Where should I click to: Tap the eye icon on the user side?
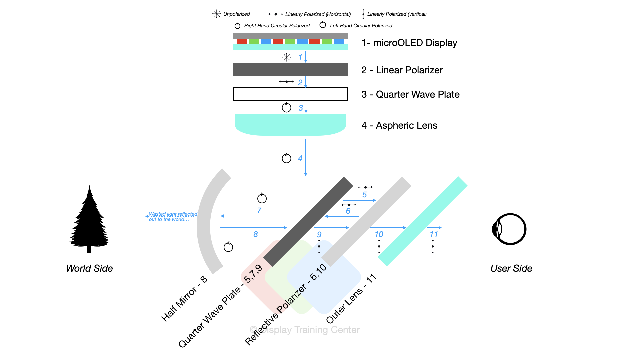[x=509, y=229]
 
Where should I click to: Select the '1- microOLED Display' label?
[x=409, y=43]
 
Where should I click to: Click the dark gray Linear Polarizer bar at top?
[x=290, y=69]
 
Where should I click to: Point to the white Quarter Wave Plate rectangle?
[x=290, y=94]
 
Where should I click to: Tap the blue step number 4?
[x=300, y=158]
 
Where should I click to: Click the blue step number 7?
[x=259, y=211]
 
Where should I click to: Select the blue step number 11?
[x=434, y=234]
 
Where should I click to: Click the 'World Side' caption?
[x=89, y=268]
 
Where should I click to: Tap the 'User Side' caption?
[x=511, y=268]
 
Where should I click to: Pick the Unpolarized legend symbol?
[x=217, y=14]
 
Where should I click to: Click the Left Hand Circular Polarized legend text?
[x=361, y=26]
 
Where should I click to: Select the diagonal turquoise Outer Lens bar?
[x=422, y=221]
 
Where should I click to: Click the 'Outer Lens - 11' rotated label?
[x=351, y=299]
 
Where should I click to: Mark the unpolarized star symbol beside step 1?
[x=286, y=57]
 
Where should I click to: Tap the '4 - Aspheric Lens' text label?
[x=399, y=126]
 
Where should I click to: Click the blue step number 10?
[x=379, y=234]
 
